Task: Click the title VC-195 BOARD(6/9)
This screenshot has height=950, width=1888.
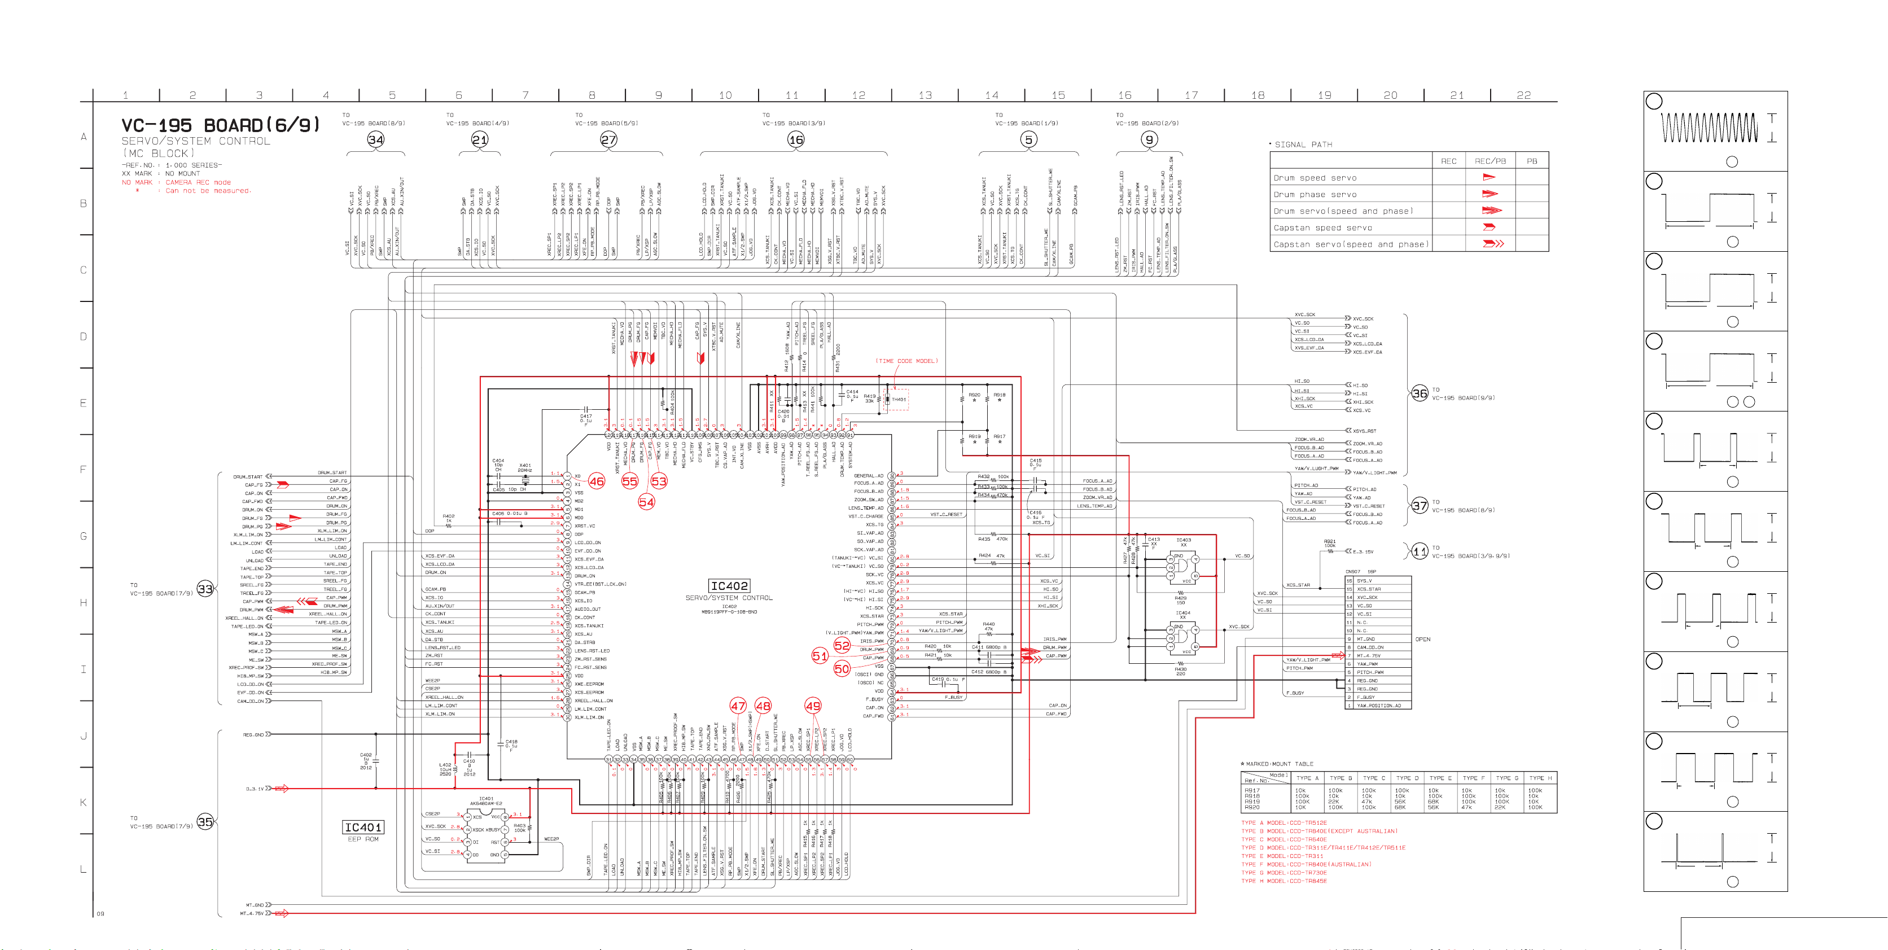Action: [221, 125]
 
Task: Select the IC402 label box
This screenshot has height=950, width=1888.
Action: [729, 586]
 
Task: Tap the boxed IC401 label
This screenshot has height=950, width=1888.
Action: [363, 827]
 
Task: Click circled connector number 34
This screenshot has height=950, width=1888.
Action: [375, 139]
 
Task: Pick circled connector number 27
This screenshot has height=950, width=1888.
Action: [608, 139]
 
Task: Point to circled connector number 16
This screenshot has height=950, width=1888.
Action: [795, 139]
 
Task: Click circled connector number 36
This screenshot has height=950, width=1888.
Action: [1420, 393]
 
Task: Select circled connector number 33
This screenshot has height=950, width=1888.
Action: [205, 589]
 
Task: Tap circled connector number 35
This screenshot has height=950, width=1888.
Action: [205, 822]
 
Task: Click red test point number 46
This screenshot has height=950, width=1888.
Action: [597, 481]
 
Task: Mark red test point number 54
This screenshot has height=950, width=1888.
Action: [646, 502]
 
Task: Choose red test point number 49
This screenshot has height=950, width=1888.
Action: [813, 706]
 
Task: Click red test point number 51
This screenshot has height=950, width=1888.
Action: [820, 656]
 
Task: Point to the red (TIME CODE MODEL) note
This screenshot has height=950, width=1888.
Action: [906, 361]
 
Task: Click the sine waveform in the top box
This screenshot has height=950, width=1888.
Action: [1709, 127]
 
